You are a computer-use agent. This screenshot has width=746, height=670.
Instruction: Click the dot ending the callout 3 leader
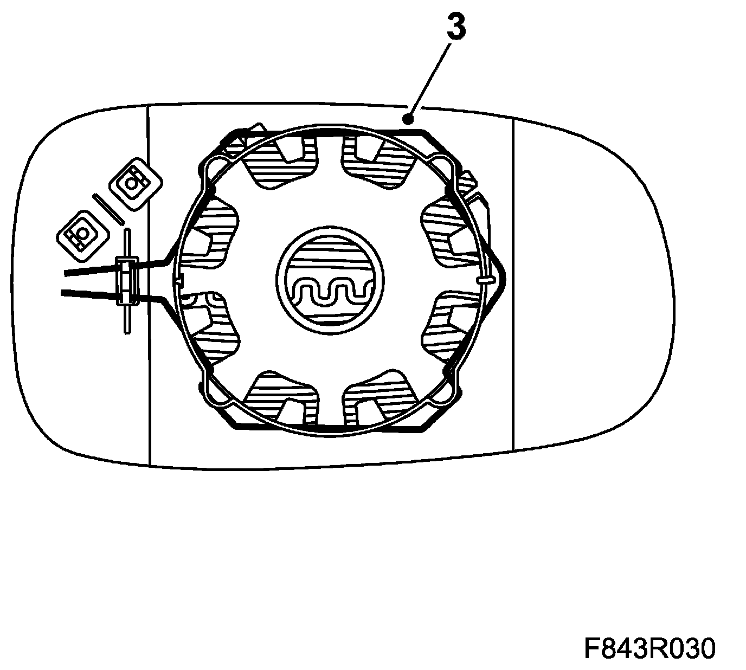[410, 117]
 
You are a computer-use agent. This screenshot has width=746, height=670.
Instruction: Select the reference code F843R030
[649, 648]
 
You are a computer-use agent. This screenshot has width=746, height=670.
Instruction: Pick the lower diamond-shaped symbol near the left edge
[84, 234]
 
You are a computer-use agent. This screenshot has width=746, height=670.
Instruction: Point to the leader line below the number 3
[431, 76]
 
